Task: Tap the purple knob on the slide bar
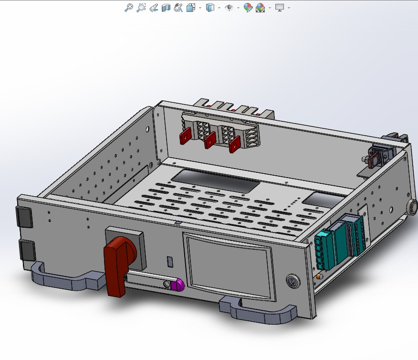(x=177, y=286)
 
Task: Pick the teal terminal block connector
(x=324, y=248)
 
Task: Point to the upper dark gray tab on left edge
(x=23, y=217)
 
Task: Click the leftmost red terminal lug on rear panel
(x=184, y=138)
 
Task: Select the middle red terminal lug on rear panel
(x=209, y=141)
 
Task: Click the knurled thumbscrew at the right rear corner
(x=412, y=207)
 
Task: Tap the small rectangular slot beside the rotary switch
(x=170, y=261)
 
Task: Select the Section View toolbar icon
(x=166, y=8)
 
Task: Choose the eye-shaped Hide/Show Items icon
(x=229, y=8)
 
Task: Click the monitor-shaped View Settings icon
(x=280, y=8)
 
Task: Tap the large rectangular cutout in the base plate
(x=215, y=181)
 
